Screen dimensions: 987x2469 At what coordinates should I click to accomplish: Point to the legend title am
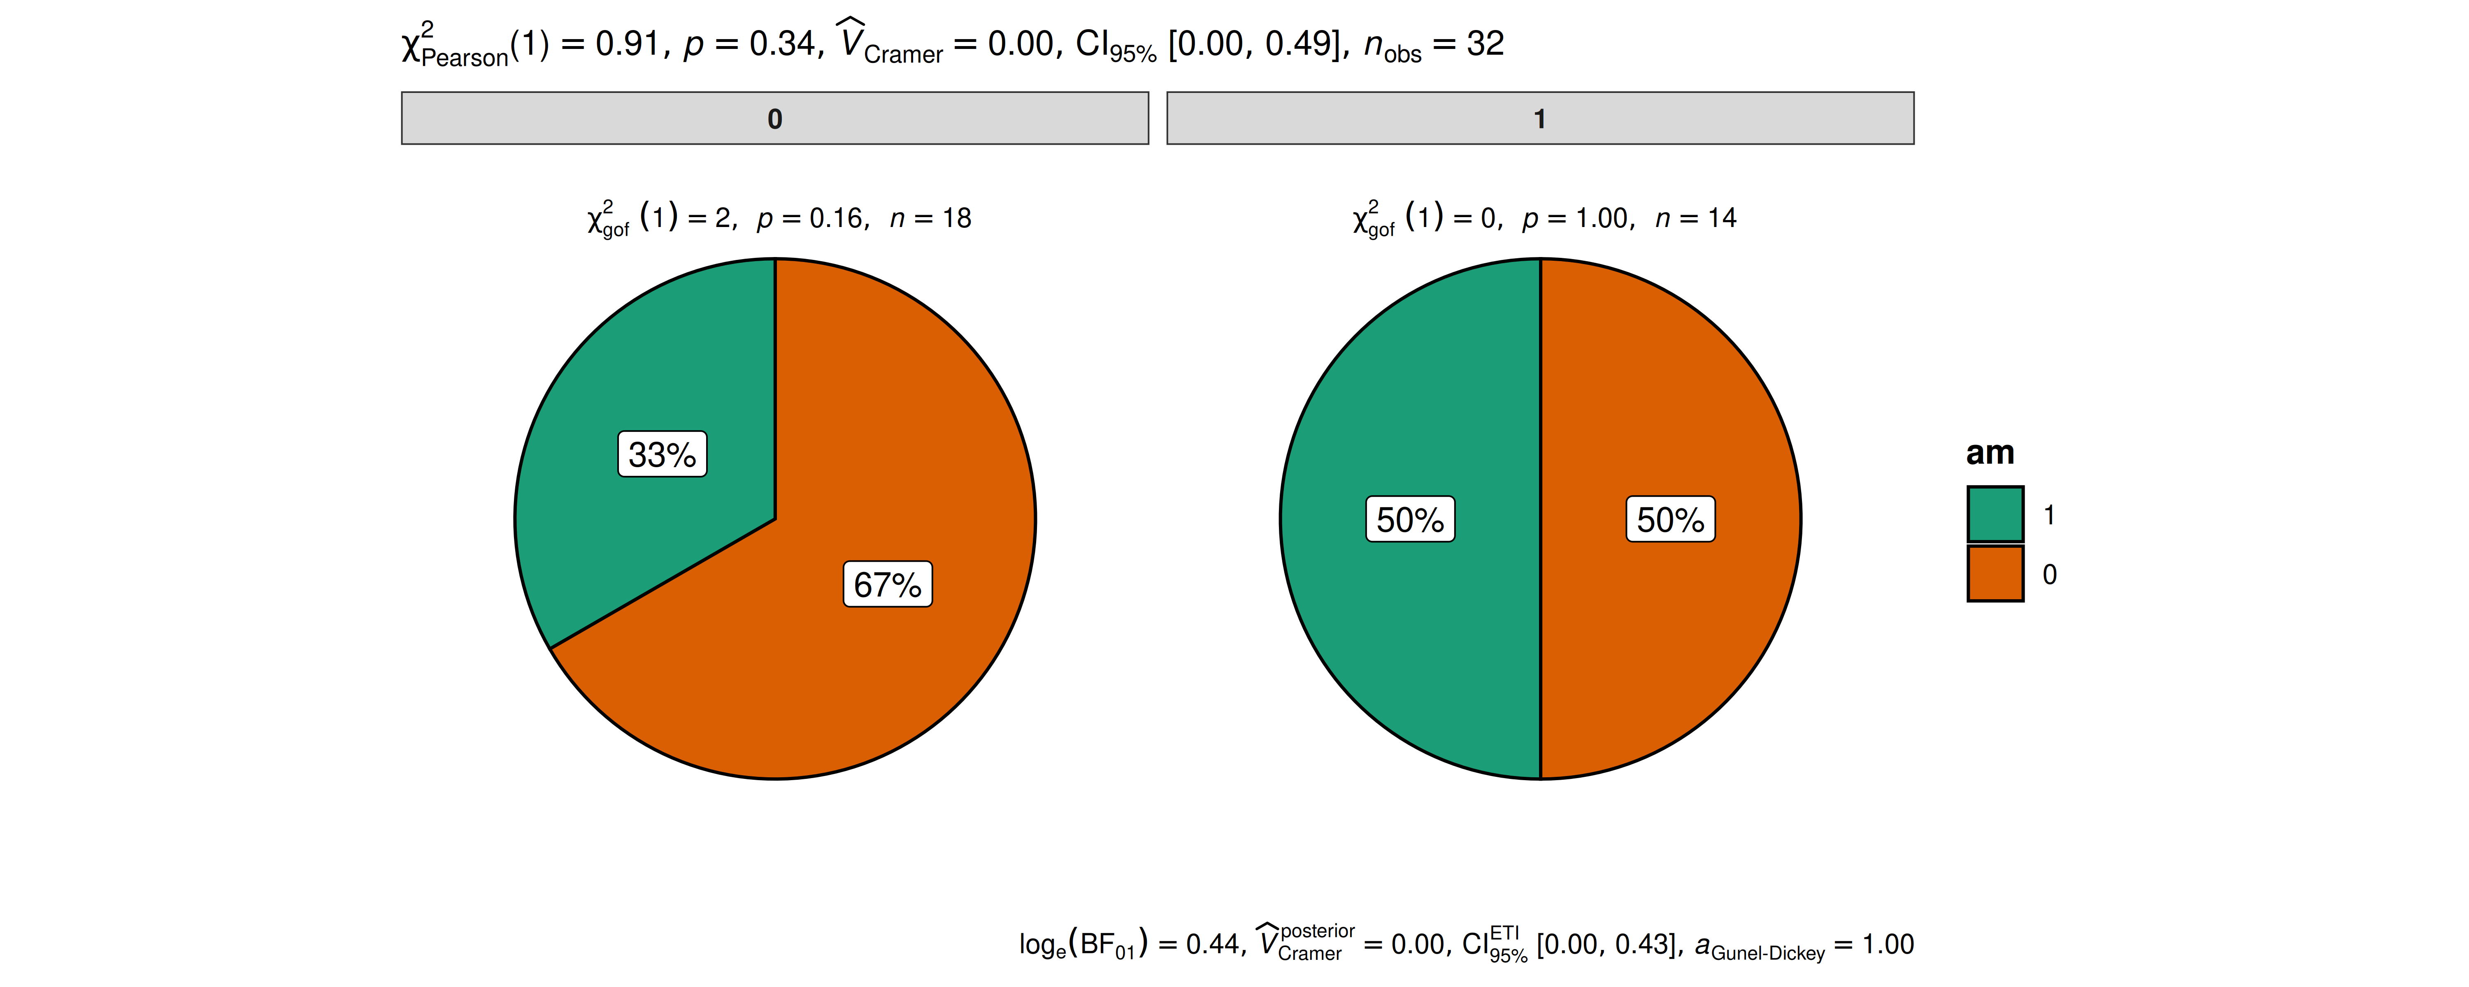pos(1990,452)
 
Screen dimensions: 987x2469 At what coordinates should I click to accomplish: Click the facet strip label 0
pos(774,119)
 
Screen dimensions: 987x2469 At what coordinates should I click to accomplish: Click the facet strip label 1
pos(1539,119)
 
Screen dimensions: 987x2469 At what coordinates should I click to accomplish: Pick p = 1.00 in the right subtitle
pos(1577,218)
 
